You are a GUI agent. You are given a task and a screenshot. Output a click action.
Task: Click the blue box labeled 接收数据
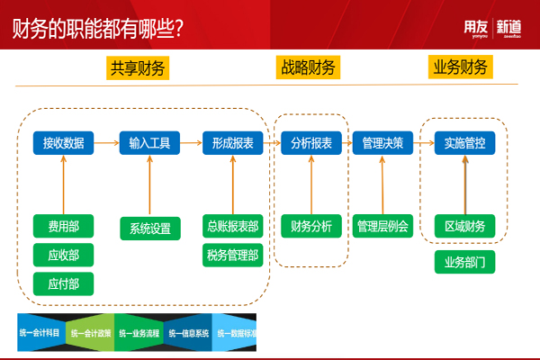click(x=63, y=142)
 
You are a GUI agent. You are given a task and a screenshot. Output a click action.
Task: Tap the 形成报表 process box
click(x=233, y=142)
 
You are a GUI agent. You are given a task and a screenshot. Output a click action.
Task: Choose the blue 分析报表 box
click(x=310, y=142)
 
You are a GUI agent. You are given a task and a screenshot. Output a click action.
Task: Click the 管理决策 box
click(x=382, y=142)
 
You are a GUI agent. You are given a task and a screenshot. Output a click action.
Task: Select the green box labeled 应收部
click(x=63, y=255)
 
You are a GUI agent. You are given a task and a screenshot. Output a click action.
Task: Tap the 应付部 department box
click(x=63, y=283)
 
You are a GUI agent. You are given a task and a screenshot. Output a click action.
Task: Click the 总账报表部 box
click(x=233, y=227)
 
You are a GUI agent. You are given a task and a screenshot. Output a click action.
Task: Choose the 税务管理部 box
click(x=233, y=256)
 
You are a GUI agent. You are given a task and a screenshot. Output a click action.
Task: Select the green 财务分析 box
click(x=310, y=226)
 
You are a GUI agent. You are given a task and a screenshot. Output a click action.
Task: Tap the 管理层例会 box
click(x=382, y=226)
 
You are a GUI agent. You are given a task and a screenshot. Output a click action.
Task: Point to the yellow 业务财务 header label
click(x=461, y=67)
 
